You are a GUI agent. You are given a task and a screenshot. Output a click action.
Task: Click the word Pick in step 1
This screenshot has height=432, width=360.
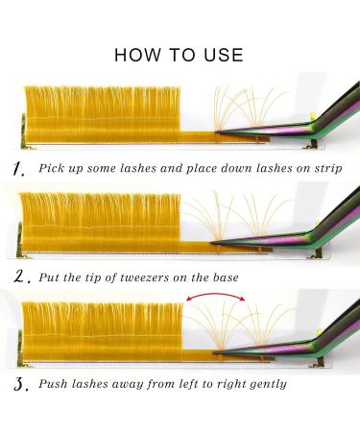click(x=54, y=169)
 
